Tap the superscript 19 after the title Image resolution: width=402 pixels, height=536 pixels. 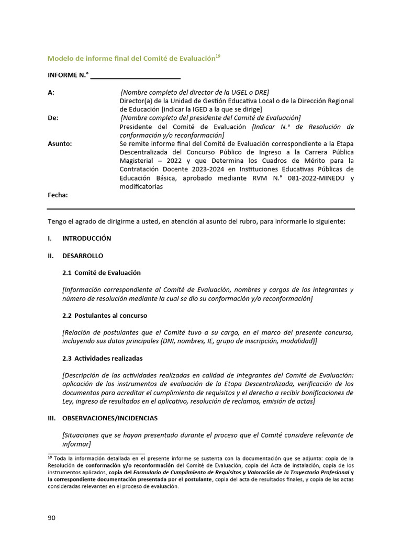click(218, 56)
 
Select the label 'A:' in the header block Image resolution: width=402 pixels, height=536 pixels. click(51, 92)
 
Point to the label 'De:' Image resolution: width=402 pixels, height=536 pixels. click(53, 118)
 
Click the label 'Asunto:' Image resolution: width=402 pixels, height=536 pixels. click(60, 143)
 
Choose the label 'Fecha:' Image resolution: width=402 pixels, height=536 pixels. click(58, 195)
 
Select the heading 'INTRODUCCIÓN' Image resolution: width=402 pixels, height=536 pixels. click(86, 238)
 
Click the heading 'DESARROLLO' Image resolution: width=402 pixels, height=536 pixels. click(83, 255)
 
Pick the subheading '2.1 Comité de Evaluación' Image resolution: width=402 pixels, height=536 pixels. click(102, 273)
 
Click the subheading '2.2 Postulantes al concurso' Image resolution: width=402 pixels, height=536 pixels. click(105, 316)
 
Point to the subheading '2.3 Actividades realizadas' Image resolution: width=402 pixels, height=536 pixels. click(102, 358)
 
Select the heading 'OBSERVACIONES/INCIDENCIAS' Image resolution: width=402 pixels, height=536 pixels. click(109, 418)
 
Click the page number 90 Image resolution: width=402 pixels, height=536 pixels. click(51, 518)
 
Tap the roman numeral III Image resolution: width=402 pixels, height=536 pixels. click(51, 418)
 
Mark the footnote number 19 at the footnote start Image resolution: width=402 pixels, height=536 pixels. click(50, 457)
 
